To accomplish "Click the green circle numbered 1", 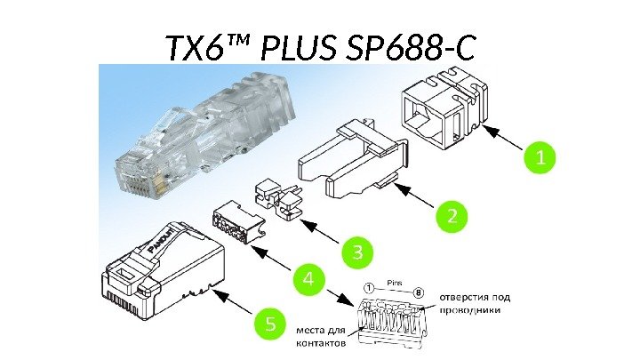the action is pyautogui.click(x=540, y=157).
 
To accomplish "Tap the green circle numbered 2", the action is pyautogui.click(x=452, y=216).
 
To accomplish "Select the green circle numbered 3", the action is pyautogui.click(x=357, y=252).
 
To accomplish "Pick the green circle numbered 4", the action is pyautogui.click(x=309, y=280).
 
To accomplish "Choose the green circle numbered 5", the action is pyautogui.click(x=270, y=324).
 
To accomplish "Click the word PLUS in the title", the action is pyautogui.click(x=299, y=47).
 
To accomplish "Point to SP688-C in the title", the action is pyautogui.click(x=410, y=47).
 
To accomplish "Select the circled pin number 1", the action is pyautogui.click(x=368, y=289).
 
